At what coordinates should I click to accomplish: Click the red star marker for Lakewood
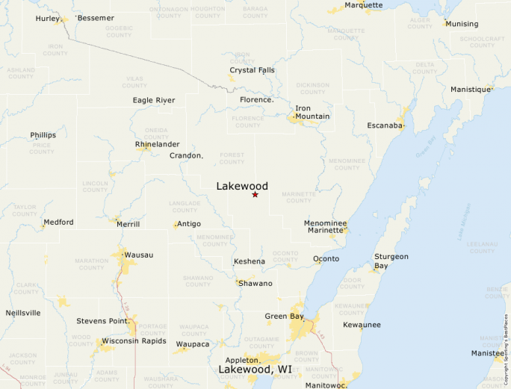coord(255,194)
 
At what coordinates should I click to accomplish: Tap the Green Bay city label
coord(284,317)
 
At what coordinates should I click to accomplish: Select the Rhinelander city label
coord(157,144)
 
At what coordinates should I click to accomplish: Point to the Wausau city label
coord(138,255)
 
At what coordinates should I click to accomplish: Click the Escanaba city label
coord(385,125)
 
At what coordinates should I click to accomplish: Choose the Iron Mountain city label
coord(312,113)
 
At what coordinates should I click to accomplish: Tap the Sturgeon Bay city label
coord(391,261)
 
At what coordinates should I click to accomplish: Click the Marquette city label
coord(363,5)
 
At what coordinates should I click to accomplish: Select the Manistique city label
coord(471,90)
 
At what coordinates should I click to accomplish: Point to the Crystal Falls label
coord(252,70)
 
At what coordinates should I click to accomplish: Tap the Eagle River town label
coord(154,100)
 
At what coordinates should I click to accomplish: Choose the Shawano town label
coord(255,284)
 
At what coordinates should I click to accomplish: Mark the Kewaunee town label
coord(362,325)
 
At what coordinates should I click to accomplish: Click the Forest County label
coord(232,158)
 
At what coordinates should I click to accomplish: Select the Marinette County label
coord(298,197)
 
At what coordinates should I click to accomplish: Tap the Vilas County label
coord(134,81)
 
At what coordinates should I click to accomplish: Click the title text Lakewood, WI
coord(255,370)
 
